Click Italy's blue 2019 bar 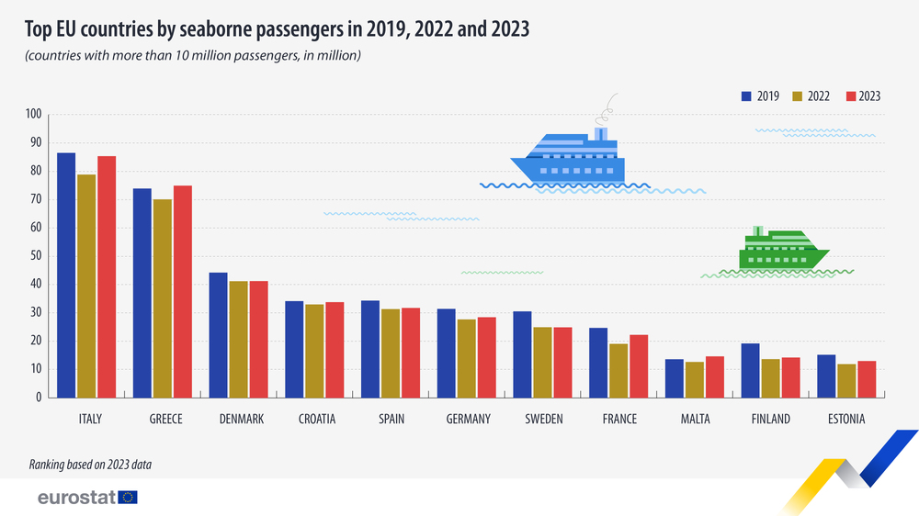tap(66, 275)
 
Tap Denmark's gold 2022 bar tap(238, 340)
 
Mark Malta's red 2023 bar tap(714, 377)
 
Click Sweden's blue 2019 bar tap(522, 354)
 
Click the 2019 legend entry tap(760, 95)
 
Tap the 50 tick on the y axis tap(35, 256)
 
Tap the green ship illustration tap(781, 250)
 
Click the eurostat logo tap(87, 498)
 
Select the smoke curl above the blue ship tap(607, 110)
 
